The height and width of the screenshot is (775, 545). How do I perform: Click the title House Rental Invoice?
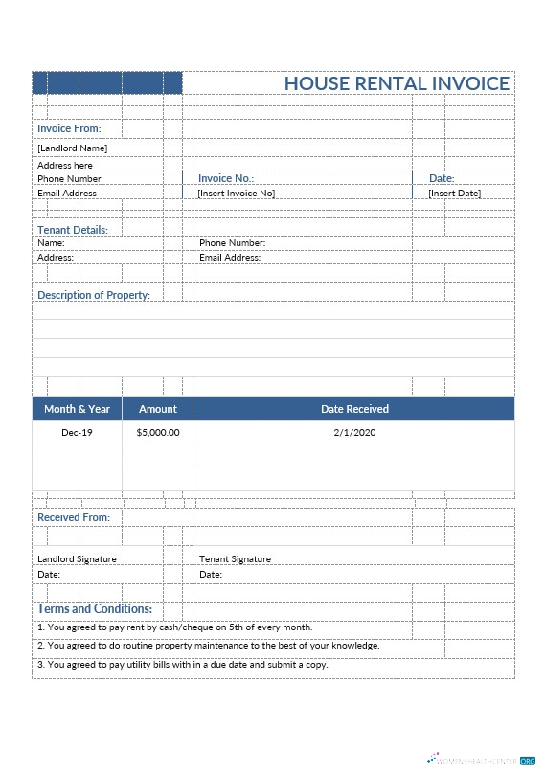click(x=397, y=83)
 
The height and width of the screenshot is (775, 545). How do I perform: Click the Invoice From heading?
click(x=69, y=128)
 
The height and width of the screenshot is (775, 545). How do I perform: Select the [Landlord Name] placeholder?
click(x=72, y=148)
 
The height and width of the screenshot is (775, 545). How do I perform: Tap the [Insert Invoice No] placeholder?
click(x=236, y=194)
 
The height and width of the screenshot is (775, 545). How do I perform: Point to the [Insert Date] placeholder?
click(x=454, y=194)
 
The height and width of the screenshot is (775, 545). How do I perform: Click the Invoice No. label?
click(x=226, y=178)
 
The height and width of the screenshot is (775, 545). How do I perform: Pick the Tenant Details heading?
click(x=73, y=230)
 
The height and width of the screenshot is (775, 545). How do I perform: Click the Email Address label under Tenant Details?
click(x=230, y=258)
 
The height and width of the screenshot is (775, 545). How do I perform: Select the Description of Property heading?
click(x=94, y=295)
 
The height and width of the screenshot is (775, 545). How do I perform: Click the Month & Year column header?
click(x=77, y=409)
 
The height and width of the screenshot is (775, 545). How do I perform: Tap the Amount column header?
click(x=158, y=409)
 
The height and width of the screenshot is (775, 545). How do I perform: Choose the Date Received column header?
click(x=354, y=409)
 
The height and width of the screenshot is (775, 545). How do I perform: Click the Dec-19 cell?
click(x=77, y=433)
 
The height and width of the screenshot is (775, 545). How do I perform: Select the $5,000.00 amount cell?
click(x=158, y=433)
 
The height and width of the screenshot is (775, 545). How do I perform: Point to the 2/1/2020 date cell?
click(x=354, y=433)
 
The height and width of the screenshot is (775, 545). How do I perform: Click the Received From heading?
click(x=74, y=517)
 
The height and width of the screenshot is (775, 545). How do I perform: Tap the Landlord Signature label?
click(x=77, y=558)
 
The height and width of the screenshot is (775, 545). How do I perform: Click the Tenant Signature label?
click(x=235, y=558)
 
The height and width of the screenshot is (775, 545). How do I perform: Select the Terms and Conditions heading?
click(x=95, y=609)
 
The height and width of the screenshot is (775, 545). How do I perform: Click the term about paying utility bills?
click(x=183, y=664)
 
